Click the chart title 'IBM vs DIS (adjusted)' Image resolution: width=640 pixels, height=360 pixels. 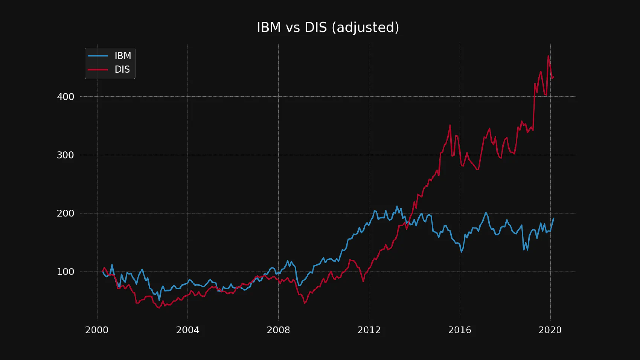click(x=328, y=27)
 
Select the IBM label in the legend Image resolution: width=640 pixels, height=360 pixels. click(x=123, y=56)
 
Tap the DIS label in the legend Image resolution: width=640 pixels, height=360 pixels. click(x=122, y=69)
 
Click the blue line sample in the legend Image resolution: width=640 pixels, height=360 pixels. click(x=98, y=56)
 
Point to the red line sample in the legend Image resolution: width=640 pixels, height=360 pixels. click(x=98, y=70)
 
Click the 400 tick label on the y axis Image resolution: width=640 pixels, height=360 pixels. click(x=66, y=97)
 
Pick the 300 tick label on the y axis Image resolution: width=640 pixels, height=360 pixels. click(x=66, y=155)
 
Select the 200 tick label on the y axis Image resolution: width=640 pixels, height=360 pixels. click(x=66, y=214)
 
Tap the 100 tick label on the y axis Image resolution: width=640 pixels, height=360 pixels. click(x=66, y=272)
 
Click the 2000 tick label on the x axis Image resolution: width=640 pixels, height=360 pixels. click(x=97, y=330)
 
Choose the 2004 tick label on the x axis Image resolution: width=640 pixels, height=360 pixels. click(x=187, y=330)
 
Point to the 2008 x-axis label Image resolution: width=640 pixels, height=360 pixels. click(x=278, y=330)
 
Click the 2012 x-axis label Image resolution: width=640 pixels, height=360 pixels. click(x=369, y=330)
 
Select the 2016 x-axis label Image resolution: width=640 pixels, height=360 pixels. click(x=459, y=330)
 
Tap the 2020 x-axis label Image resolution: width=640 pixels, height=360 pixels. click(x=550, y=330)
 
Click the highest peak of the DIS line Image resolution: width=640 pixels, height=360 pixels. click(x=548, y=56)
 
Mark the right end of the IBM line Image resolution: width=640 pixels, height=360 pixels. click(x=553, y=218)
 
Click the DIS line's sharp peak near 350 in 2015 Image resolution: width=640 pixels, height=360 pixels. click(x=450, y=125)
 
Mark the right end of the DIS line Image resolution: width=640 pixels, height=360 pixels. click(x=553, y=77)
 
